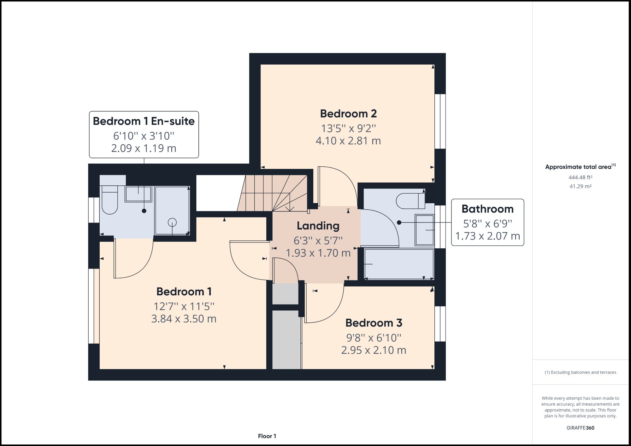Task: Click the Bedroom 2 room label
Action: pos(348,114)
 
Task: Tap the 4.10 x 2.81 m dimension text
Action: pos(348,141)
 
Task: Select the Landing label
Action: pos(318,226)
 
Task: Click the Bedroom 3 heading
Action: pos(374,323)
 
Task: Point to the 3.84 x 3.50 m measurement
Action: pos(184,319)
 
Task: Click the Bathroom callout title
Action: pos(487,209)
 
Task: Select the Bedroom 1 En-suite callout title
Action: pos(144,121)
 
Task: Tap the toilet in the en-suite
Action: pos(110,200)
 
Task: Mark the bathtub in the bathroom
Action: pos(399,264)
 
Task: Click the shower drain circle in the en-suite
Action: pos(172,222)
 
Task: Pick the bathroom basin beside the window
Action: pos(424,230)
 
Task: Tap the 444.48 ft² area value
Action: pos(580,177)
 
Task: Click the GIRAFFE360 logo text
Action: pos(580,428)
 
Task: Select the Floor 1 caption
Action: pos(267,436)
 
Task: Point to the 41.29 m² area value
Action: pos(580,186)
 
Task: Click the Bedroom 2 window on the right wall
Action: pos(440,121)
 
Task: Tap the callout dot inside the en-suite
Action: pos(144,211)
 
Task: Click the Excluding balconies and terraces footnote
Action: pos(580,372)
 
